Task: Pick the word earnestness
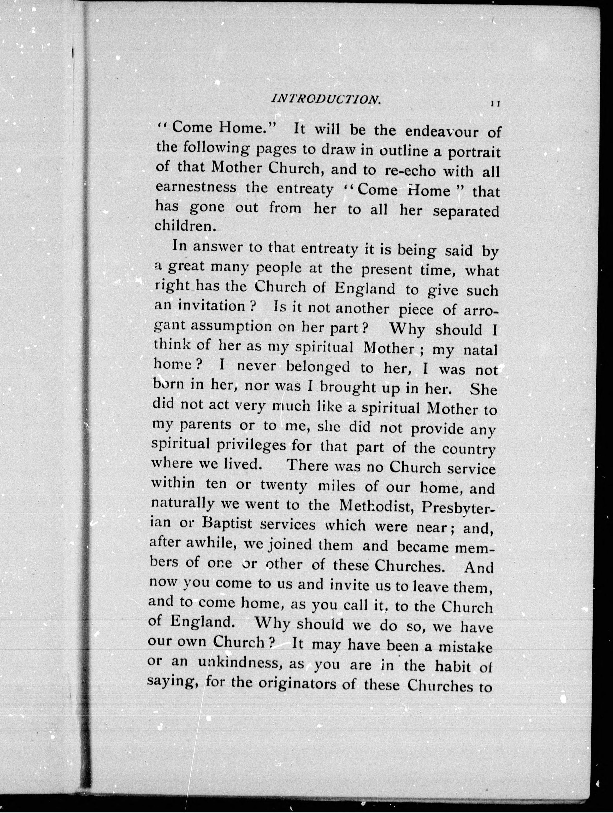(x=196, y=188)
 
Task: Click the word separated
(x=466, y=212)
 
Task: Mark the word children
(x=184, y=226)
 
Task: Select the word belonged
(x=318, y=367)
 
